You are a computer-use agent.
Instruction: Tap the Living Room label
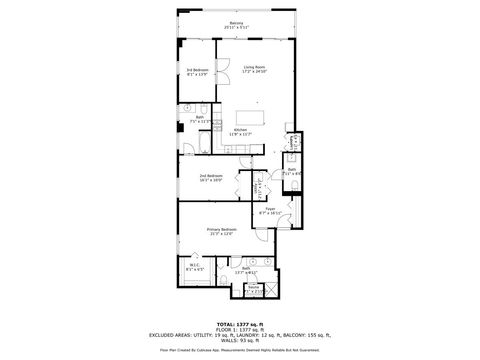(255, 69)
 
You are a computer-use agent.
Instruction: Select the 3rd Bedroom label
(196, 71)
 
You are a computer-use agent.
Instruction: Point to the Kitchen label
(241, 132)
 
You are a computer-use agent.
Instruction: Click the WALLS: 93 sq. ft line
(239, 341)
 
